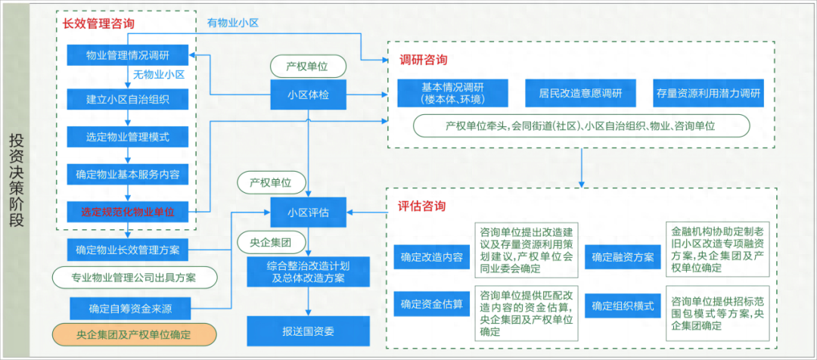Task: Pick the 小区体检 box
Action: coord(307,95)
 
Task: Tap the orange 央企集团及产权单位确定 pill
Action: coord(133,334)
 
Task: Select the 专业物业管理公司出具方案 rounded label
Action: coord(133,278)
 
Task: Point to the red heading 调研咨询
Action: coord(423,59)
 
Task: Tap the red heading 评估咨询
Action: coord(421,206)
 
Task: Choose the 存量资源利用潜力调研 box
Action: coord(709,93)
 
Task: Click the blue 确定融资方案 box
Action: coord(623,256)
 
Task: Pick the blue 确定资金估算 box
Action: coord(432,306)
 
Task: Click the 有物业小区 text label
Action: coord(233,23)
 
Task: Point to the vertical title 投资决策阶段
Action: coord(17,180)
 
